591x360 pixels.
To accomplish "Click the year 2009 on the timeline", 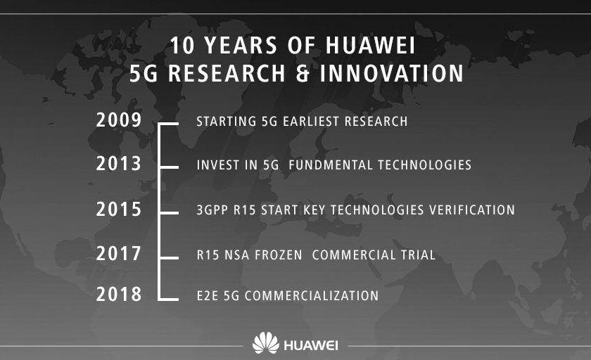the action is (119, 120).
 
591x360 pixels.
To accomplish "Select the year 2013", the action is (119, 164).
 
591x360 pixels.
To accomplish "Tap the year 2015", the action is (119, 209).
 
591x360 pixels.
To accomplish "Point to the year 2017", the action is (119, 253).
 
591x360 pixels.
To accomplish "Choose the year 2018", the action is (119, 294).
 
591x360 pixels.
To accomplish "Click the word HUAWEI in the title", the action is (370, 46).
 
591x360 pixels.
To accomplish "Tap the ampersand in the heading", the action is (303, 73).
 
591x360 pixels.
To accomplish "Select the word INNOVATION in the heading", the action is (392, 73).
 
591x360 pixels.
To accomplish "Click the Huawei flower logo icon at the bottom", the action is (266, 342).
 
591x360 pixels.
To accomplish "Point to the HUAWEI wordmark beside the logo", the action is (311, 345).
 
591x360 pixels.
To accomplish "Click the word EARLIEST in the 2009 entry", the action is (311, 121).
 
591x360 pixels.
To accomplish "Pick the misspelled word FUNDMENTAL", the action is (331, 165).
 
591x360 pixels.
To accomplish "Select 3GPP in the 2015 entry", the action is (212, 210).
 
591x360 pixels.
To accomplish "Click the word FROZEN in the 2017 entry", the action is (279, 255).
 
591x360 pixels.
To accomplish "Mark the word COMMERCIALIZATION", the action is (312, 295).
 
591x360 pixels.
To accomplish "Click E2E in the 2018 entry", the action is (208, 295).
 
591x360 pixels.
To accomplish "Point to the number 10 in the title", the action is (182, 46).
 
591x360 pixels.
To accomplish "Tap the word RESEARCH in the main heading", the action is (227, 73).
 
